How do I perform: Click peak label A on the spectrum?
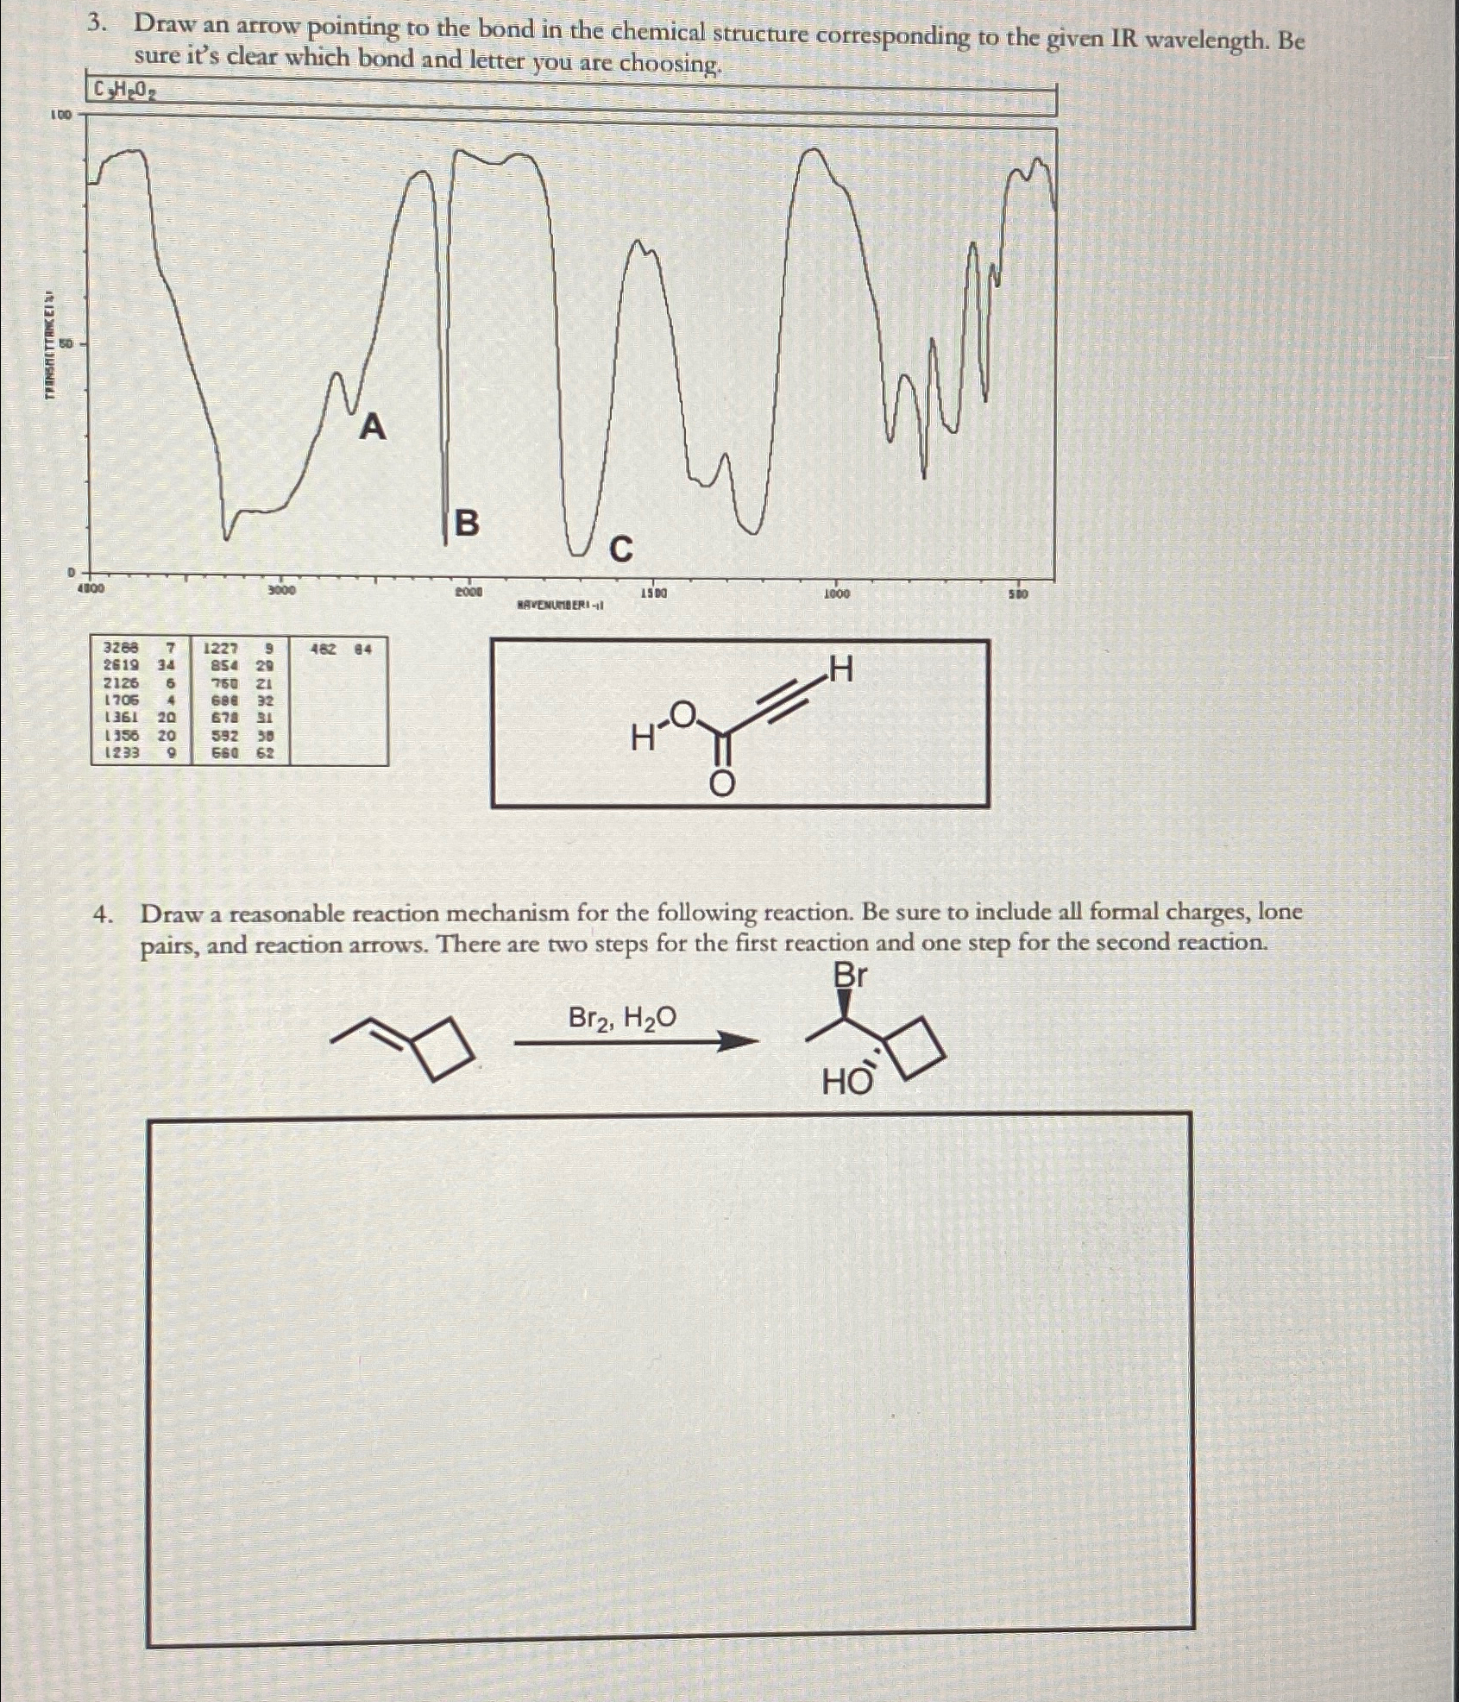click(x=372, y=426)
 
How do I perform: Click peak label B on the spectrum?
click(x=466, y=523)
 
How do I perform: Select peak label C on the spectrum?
click(x=621, y=549)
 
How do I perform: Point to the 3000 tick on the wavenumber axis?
click(x=280, y=591)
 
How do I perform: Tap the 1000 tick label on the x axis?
click(x=836, y=594)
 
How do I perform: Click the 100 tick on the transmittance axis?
click(x=61, y=114)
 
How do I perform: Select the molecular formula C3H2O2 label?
click(x=126, y=89)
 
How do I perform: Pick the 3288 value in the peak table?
click(x=121, y=647)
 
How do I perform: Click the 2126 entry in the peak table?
click(x=121, y=682)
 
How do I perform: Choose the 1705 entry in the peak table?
click(x=121, y=700)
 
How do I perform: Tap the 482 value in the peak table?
click(x=324, y=648)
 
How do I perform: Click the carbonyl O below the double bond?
click(x=722, y=784)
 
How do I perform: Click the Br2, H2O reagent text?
click(x=622, y=1019)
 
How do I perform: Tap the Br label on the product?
click(x=850, y=976)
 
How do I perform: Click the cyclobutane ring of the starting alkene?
click(x=444, y=1048)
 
